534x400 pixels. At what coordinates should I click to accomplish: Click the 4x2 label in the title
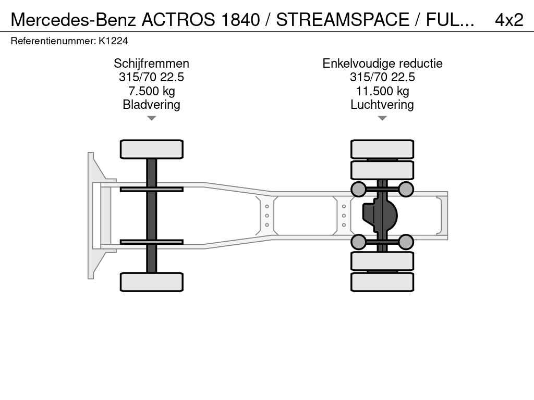[x=509, y=20]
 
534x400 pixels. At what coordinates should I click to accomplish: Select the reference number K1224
[x=113, y=41]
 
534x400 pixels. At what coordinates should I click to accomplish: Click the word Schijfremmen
[x=152, y=63]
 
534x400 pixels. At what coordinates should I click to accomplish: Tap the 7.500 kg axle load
[x=152, y=91]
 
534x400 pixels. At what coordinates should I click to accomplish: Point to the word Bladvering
[x=152, y=104]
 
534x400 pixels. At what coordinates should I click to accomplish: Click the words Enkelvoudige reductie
[x=382, y=63]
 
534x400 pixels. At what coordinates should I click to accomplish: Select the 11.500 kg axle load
[x=382, y=91]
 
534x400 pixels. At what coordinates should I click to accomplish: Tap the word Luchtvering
[x=382, y=104]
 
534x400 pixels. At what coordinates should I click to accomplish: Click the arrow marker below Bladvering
[x=152, y=118]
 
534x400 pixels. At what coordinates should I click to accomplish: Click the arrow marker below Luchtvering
[x=382, y=118]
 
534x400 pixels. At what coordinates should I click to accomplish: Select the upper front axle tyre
[x=152, y=149]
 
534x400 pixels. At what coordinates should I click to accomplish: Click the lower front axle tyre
[x=152, y=282]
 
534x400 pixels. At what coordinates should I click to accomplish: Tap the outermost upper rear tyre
[x=382, y=149]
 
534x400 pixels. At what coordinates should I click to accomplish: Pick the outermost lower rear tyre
[x=382, y=282]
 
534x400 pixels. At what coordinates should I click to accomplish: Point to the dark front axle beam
[x=152, y=216]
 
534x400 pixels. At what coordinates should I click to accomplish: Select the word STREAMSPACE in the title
[x=342, y=20]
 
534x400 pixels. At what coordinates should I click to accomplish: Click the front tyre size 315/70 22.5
[x=152, y=77]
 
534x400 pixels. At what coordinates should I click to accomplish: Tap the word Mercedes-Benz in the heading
[x=73, y=20]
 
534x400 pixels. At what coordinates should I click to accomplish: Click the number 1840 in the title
[x=240, y=20]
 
